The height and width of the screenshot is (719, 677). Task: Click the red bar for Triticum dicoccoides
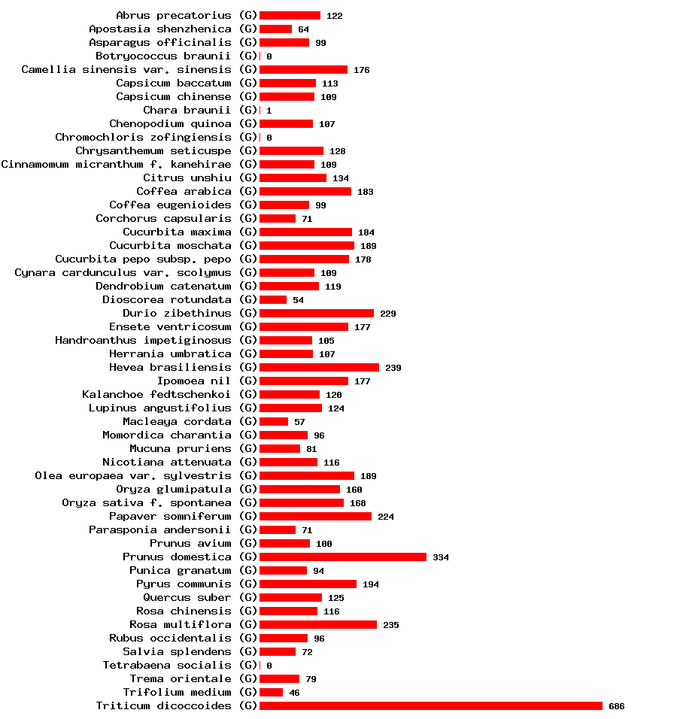point(431,705)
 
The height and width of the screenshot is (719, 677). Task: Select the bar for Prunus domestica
point(343,557)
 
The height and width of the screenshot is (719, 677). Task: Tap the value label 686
point(617,706)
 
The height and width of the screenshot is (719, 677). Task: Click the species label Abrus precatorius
point(174,15)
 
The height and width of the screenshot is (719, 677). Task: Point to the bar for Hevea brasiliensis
point(319,367)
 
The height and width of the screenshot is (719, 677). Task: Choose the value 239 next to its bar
point(393,368)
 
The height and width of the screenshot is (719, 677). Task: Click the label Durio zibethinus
point(178,313)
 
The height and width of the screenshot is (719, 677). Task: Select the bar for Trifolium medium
point(271,692)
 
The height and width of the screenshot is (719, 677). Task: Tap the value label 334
point(441,557)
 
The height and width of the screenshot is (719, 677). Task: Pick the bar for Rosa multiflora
point(318,624)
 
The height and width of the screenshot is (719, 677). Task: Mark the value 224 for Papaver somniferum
point(386,517)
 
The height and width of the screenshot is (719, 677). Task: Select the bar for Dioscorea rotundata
point(273,299)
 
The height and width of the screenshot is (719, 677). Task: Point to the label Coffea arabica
point(184,191)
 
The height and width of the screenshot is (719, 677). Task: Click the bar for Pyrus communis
point(308,584)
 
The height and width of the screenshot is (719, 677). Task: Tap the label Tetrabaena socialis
point(167,665)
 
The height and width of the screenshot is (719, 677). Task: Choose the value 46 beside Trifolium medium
point(295,693)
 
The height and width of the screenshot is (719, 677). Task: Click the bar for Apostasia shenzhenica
point(275,29)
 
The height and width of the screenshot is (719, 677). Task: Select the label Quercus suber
point(187,597)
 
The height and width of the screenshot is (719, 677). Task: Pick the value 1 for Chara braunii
point(269,111)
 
